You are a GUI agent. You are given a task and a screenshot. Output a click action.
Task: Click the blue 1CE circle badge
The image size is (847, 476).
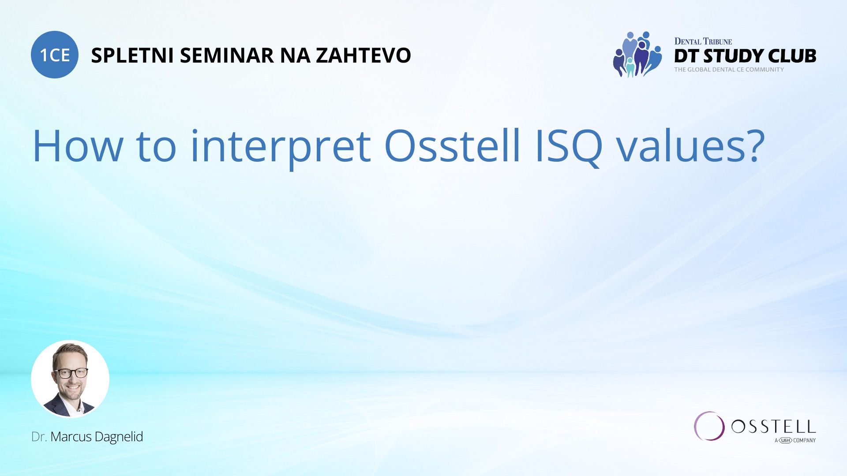click(55, 55)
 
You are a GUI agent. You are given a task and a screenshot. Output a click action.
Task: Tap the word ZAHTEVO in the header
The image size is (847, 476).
click(363, 56)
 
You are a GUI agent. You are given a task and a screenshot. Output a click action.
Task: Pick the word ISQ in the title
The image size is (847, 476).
click(569, 147)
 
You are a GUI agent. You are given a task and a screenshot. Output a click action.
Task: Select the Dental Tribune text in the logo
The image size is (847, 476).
click(703, 41)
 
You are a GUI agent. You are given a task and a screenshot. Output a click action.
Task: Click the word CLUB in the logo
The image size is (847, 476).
click(791, 56)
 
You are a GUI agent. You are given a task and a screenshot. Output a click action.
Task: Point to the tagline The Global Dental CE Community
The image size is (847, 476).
click(729, 70)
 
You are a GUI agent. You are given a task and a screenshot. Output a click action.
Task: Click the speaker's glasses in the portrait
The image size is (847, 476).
click(71, 373)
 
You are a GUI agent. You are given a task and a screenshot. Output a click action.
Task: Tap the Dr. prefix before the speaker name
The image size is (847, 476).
click(39, 437)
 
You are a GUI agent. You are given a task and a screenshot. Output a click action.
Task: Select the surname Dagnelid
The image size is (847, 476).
click(119, 437)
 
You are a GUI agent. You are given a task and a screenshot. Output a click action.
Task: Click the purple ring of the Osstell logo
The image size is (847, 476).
click(709, 426)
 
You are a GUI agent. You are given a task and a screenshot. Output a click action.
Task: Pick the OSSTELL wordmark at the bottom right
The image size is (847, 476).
click(773, 427)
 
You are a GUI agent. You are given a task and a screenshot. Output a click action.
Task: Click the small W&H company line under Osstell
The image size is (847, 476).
click(795, 440)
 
